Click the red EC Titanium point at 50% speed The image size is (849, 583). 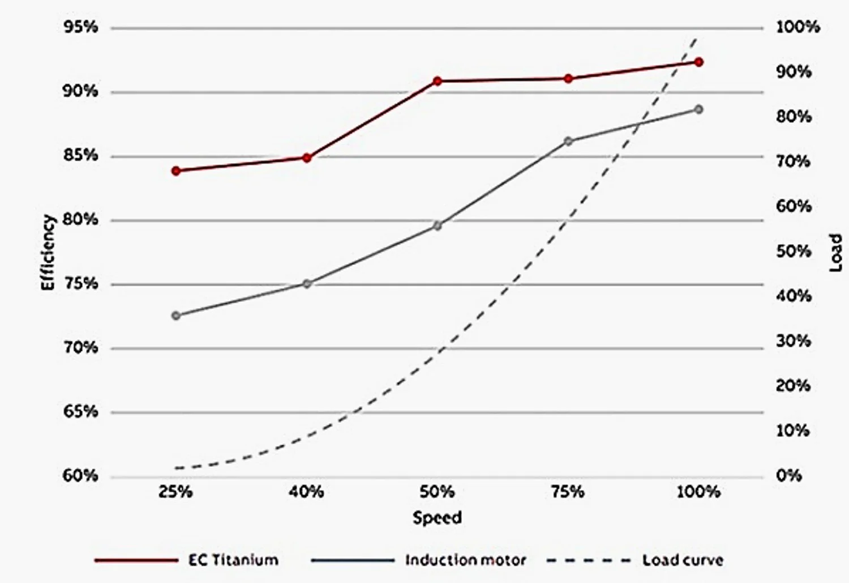tap(437, 81)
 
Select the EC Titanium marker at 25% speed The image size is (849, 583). tap(176, 171)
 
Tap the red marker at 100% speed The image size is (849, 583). tap(698, 62)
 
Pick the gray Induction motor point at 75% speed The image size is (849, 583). tap(568, 141)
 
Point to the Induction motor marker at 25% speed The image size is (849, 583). tap(176, 316)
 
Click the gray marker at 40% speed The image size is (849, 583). tap(307, 283)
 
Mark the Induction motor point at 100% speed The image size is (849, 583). tap(698, 109)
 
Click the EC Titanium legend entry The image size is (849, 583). tap(233, 560)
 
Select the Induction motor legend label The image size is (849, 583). tap(465, 560)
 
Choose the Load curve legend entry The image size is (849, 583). tap(682, 560)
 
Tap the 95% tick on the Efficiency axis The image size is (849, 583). tap(80, 28)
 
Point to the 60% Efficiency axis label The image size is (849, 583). tap(80, 476)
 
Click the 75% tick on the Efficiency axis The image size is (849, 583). tap(80, 284)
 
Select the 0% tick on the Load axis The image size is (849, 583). tap(788, 476)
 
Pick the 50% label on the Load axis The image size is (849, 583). tap(794, 251)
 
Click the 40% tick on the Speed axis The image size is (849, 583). tap(306, 492)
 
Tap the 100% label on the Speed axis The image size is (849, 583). tap(698, 492)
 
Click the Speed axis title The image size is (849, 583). tap(437, 517)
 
